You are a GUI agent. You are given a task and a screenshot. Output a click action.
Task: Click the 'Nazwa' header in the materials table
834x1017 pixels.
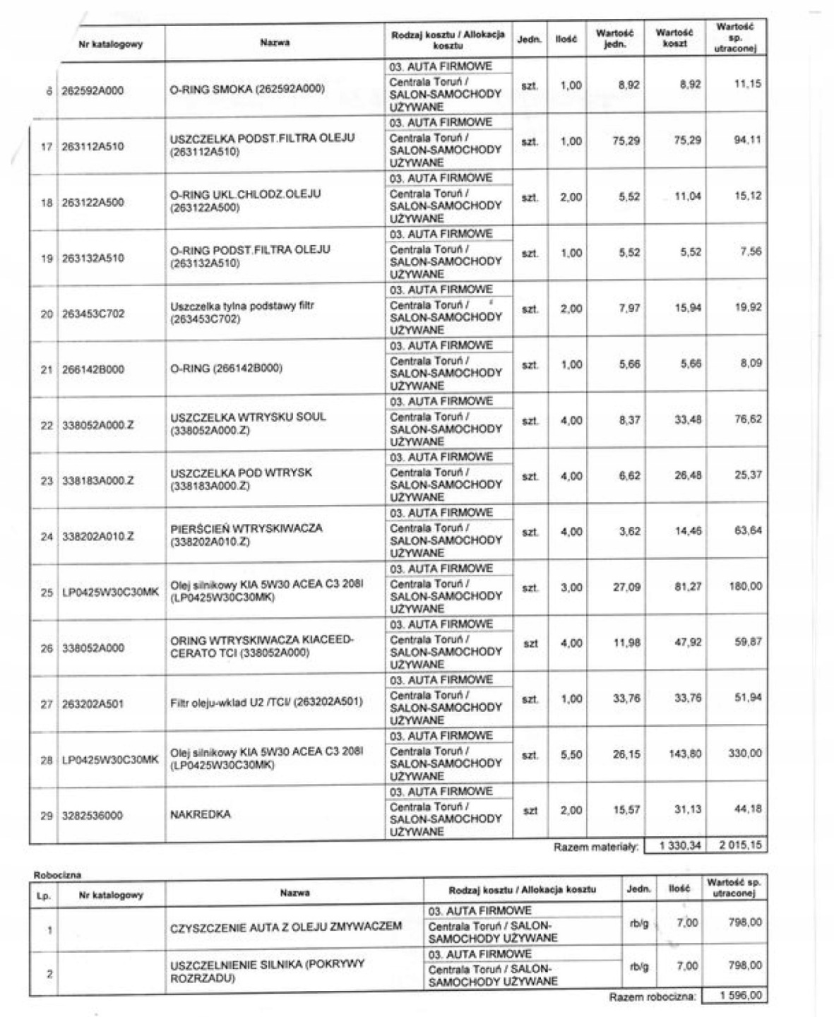[x=275, y=43]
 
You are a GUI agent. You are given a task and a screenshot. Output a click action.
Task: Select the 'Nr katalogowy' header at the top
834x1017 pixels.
[x=111, y=44]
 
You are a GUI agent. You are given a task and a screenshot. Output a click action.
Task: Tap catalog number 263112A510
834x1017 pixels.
[x=93, y=147]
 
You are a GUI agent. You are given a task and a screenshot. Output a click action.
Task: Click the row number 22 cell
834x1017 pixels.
[x=47, y=425]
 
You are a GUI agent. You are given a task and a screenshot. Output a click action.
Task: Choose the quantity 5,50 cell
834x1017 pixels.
[x=571, y=755]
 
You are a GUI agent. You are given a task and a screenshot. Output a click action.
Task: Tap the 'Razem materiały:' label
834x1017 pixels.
[x=596, y=846]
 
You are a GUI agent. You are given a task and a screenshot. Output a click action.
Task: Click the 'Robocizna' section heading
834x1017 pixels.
[x=57, y=875]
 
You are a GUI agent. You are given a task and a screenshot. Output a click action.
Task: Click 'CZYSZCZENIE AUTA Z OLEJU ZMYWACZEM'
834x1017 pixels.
[x=286, y=926]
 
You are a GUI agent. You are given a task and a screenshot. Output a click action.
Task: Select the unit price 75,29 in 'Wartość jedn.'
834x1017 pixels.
[x=626, y=141]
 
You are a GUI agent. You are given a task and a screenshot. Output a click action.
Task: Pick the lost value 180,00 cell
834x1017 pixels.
[x=746, y=586]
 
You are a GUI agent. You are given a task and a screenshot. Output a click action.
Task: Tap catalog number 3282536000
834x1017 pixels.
[x=92, y=816]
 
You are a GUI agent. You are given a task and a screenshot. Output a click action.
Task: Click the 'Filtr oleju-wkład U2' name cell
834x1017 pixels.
[x=266, y=702]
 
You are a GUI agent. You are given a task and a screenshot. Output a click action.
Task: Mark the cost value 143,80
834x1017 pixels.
[x=685, y=754]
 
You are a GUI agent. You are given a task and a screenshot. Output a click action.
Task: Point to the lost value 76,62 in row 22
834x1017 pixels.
[x=748, y=419]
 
